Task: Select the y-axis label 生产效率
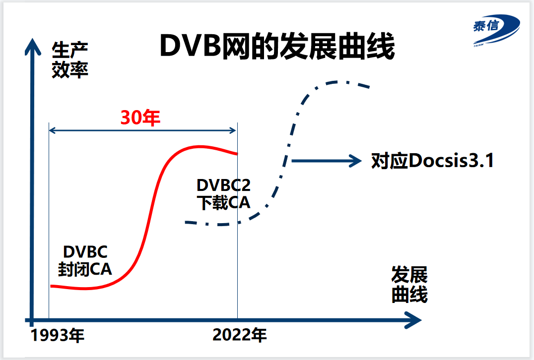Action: click(x=70, y=60)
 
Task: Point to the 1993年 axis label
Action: click(x=58, y=336)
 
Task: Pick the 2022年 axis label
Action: click(x=240, y=336)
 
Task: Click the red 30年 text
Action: click(x=141, y=118)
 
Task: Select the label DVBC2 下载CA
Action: click(x=224, y=194)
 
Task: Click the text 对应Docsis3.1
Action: click(x=433, y=161)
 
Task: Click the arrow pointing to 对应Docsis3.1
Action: click(x=326, y=160)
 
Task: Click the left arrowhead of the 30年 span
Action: click(x=51, y=130)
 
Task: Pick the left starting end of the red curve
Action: click(x=52, y=286)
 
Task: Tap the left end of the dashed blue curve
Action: click(x=187, y=222)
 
